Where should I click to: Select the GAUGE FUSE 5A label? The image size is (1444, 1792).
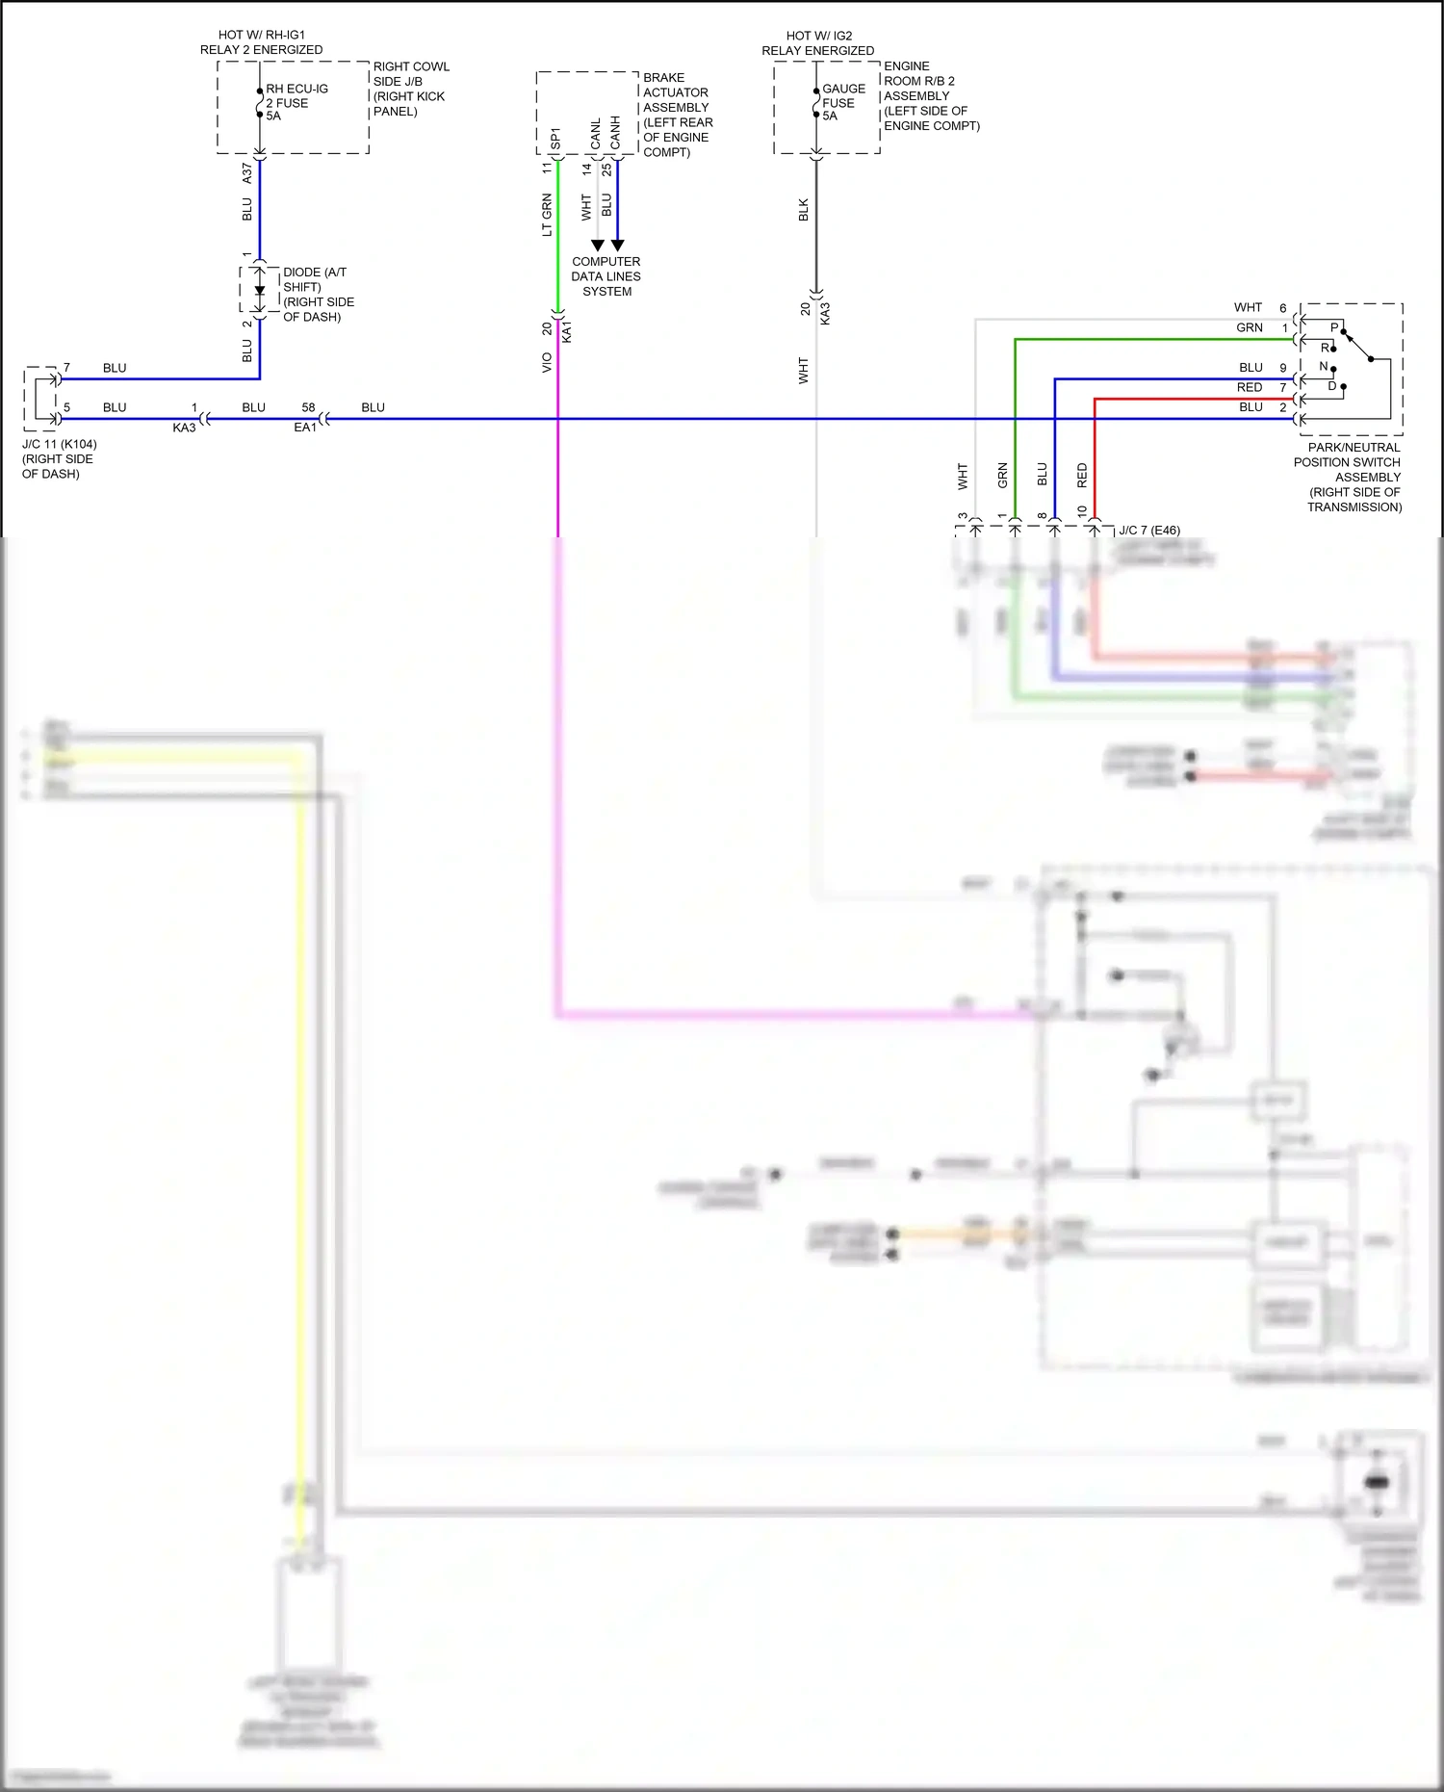842,102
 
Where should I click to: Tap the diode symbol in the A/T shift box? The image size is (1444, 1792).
259,290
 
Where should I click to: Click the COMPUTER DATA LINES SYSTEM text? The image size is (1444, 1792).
606,276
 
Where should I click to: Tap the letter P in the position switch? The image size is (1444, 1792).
1334,328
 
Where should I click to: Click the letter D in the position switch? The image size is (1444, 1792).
1332,386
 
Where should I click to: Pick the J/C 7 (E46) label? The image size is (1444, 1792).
1148,531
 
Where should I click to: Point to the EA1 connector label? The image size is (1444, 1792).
304,428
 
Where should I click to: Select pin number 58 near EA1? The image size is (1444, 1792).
308,407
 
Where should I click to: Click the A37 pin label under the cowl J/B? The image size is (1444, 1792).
247,173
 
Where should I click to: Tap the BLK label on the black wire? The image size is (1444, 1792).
804,210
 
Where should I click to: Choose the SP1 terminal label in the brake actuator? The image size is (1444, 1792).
555,139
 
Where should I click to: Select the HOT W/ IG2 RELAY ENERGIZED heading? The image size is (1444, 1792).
818,42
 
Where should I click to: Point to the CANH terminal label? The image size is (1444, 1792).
615,133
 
